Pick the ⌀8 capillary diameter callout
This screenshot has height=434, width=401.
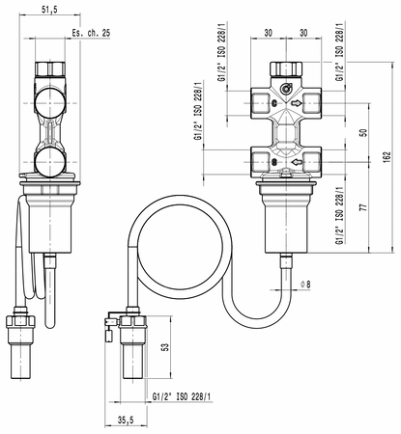pyautogui.click(x=306, y=283)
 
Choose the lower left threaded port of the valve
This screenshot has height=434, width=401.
pyautogui.click(x=257, y=160)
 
